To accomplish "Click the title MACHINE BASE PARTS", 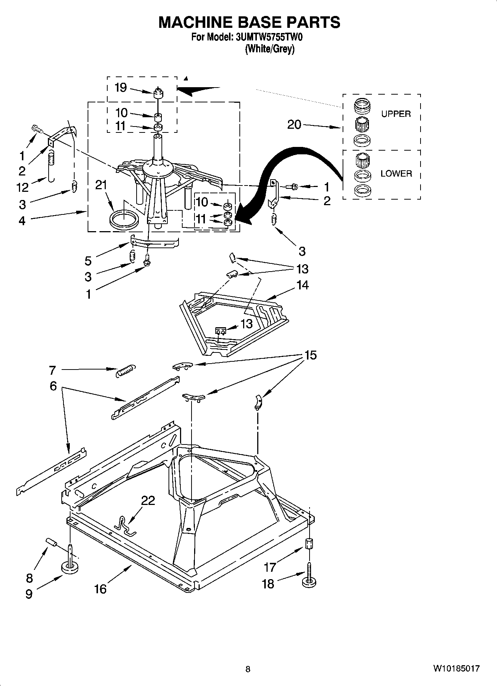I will tap(249, 22).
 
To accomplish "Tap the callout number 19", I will tap(121, 88).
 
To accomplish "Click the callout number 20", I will tap(294, 125).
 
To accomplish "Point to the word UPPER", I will tap(396, 114).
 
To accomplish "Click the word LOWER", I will tap(396, 174).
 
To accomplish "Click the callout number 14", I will tap(303, 285).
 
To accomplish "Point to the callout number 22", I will tap(148, 500).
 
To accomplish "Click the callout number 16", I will tap(100, 589).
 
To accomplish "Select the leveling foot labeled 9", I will tap(70, 567).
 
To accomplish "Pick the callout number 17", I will tap(270, 567).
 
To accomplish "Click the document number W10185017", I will tap(456, 669).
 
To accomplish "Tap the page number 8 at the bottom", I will tap(248, 669).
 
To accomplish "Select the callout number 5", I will tap(88, 261).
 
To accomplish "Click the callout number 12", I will tap(22, 187).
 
